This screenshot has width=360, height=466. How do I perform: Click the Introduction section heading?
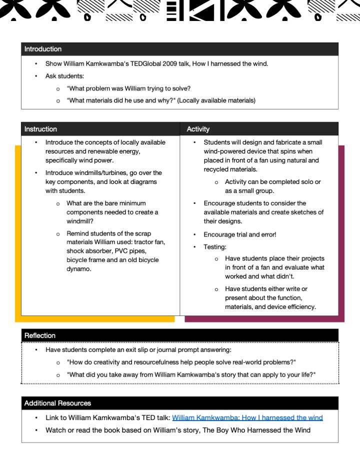pos(43,49)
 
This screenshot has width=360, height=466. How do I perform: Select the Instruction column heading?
pos(40,129)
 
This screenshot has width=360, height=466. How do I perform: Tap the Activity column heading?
pos(198,129)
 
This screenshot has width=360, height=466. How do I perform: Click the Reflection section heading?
pos(40,335)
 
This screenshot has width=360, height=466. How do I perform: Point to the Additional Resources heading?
pos(57,403)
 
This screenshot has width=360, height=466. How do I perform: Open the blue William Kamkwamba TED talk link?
pos(247,417)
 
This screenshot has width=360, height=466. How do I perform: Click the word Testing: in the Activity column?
pos(215,247)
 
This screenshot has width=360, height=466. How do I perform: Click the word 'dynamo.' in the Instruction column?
pos(79,269)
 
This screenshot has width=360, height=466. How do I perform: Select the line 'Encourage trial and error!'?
pos(239,234)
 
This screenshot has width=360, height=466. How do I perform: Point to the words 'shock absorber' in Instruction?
pos(89,251)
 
